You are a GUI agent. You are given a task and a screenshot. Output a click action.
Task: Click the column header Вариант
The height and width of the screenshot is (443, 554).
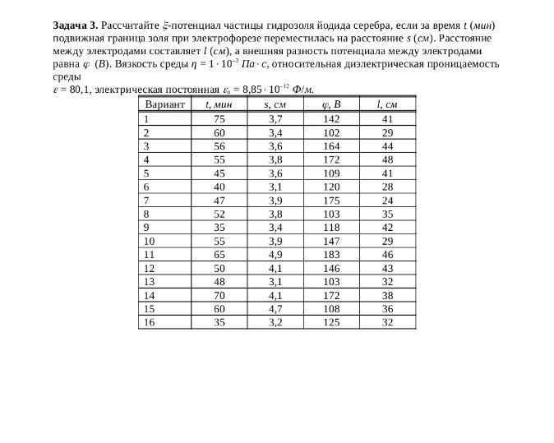tap(164, 104)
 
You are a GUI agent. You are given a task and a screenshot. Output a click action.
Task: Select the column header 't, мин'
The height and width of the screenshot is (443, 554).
tap(219, 104)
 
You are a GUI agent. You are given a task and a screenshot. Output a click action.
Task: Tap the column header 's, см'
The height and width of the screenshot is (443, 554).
tap(275, 104)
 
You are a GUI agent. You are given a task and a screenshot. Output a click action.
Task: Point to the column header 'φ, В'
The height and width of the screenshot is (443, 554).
tap(331, 104)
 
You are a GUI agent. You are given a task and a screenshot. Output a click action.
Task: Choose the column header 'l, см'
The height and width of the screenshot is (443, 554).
tap(387, 104)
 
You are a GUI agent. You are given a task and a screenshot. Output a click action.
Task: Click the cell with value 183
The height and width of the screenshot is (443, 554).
tap(331, 255)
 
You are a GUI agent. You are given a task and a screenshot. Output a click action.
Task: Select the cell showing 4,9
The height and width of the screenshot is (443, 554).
tap(275, 255)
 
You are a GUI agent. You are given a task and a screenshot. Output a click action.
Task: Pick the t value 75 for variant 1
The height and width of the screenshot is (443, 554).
tap(219, 118)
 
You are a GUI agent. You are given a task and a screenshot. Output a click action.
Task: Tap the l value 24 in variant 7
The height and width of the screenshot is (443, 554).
tap(387, 200)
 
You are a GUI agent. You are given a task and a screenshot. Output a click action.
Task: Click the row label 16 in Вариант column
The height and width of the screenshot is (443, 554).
tap(149, 322)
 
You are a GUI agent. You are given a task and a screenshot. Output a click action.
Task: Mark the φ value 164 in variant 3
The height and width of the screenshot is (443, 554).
tap(331, 145)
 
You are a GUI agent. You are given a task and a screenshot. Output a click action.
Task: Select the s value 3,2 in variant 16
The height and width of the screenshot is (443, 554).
tap(275, 322)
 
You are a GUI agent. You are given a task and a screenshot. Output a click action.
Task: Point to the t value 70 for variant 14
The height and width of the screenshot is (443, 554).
tap(219, 295)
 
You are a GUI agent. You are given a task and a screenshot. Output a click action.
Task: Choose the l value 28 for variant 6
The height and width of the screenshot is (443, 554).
tap(387, 187)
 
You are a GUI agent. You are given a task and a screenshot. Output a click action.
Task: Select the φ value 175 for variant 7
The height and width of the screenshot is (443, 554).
tap(331, 200)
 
